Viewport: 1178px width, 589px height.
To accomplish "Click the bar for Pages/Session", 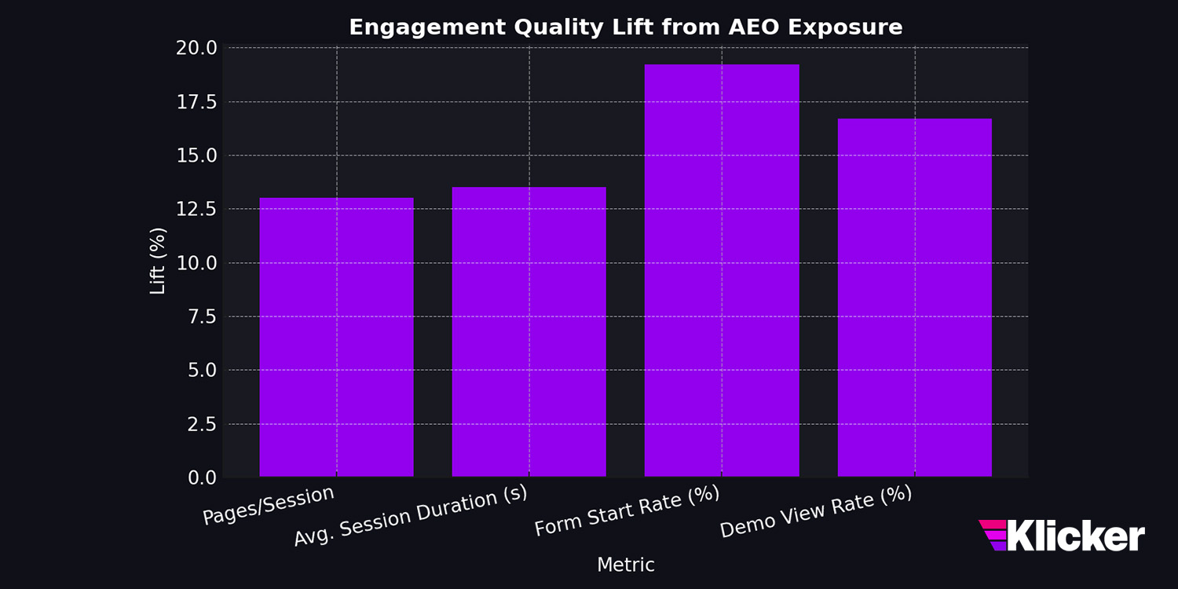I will click(336, 338).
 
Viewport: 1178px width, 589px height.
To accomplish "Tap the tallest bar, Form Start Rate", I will click(722, 271).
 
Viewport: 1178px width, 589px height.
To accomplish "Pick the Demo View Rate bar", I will click(915, 298).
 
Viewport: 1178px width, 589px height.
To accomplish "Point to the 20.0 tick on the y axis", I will click(196, 48).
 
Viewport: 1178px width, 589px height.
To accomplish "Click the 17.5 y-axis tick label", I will click(196, 102).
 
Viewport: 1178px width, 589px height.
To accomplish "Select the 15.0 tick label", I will click(196, 155).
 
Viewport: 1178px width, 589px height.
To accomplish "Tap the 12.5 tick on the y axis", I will click(196, 209).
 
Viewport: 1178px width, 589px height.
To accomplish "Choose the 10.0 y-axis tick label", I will click(196, 263).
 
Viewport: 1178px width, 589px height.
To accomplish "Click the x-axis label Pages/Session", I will click(269, 506).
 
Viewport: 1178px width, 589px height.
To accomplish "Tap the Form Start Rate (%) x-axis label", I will click(627, 511).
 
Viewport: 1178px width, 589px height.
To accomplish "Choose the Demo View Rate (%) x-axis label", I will click(816, 511).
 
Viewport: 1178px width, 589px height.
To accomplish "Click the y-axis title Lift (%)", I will click(158, 262).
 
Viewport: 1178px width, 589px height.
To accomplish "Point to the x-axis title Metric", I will click(625, 565).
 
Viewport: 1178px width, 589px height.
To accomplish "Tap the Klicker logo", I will click(1062, 536).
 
